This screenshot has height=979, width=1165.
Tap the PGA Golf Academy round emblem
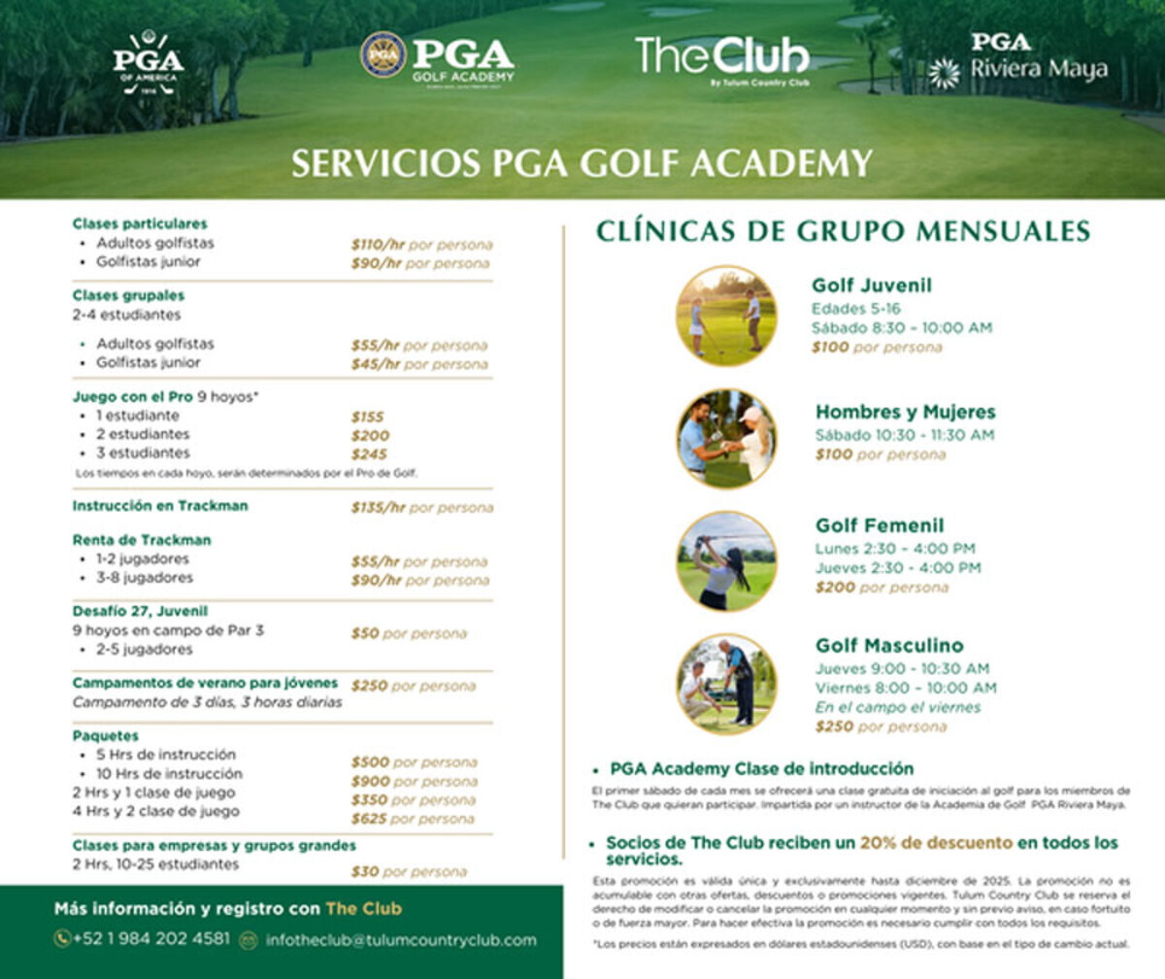coord(383,55)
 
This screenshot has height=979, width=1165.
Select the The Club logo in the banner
coord(722,58)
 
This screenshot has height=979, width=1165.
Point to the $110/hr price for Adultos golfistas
coord(378,245)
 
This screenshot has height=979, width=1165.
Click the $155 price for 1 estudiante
coord(367,417)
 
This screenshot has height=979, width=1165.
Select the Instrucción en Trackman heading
coord(160,506)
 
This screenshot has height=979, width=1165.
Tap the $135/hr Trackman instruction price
coord(378,507)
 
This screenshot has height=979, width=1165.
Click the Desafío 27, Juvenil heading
coord(140,611)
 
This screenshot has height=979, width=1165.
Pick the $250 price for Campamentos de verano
coord(369,686)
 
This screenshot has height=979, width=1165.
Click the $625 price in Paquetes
coord(369,819)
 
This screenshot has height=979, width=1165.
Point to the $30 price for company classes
coord(365,872)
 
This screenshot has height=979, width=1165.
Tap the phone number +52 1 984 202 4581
coord(151,939)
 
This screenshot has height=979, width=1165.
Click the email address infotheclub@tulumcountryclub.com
coord(400,940)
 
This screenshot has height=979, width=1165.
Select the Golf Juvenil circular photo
coord(726,316)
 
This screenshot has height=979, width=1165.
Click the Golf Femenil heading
coord(880,525)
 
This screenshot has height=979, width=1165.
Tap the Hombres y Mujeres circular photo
coord(726,438)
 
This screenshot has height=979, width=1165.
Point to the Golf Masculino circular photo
coord(726,684)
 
